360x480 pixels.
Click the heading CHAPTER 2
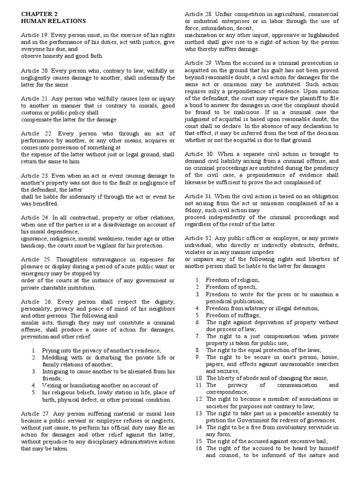pyautogui.click(x=36, y=14)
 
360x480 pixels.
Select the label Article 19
pyautogui.click(x=34, y=35)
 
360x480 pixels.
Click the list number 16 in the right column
pyautogui.click(x=199, y=448)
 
